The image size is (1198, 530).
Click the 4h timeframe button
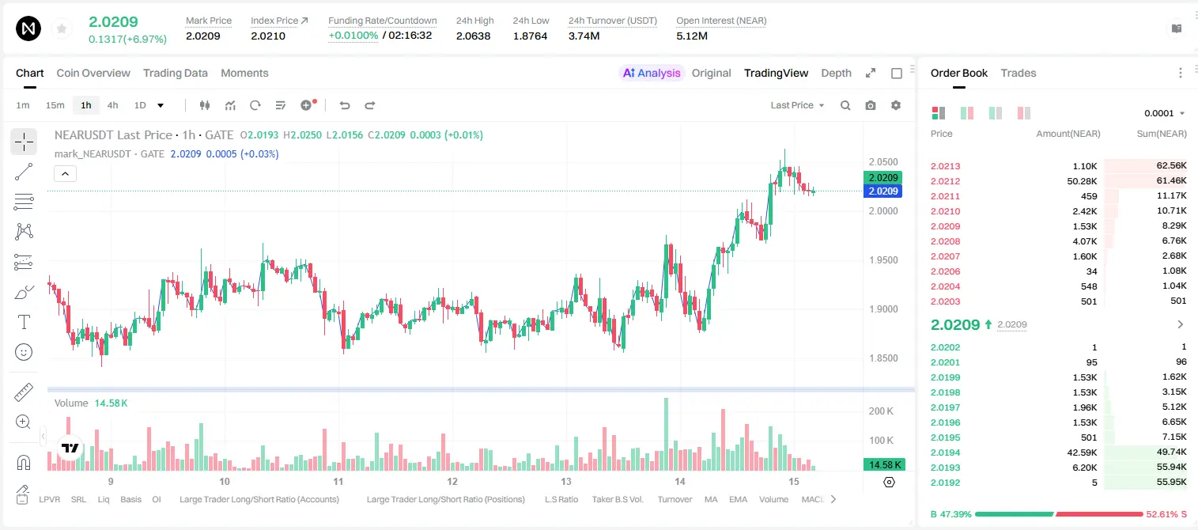coord(112,105)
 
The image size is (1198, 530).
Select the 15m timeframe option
coord(55,105)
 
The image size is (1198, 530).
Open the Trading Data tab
coord(176,74)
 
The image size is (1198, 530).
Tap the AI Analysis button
coord(652,74)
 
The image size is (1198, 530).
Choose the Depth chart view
coord(836,74)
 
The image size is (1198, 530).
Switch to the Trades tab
coord(1018,74)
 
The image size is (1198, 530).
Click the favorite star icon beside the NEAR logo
coord(62,28)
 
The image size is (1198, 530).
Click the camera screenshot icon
coord(871,105)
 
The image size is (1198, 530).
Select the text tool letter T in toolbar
coord(24,322)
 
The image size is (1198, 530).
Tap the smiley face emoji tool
coord(24,352)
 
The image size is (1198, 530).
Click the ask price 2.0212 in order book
coord(945,181)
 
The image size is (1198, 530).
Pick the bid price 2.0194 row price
coord(945,452)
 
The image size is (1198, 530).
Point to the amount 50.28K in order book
coord(1082,181)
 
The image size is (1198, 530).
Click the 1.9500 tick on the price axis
coord(883,260)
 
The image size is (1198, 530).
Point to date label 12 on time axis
coord(452,481)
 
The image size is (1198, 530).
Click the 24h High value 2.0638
coord(474,36)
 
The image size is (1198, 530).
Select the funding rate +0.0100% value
coord(353,36)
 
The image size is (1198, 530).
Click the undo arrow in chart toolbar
coord(345,105)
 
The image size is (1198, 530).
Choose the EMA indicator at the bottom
coord(738,499)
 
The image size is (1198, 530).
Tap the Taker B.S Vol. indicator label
coord(618,499)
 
